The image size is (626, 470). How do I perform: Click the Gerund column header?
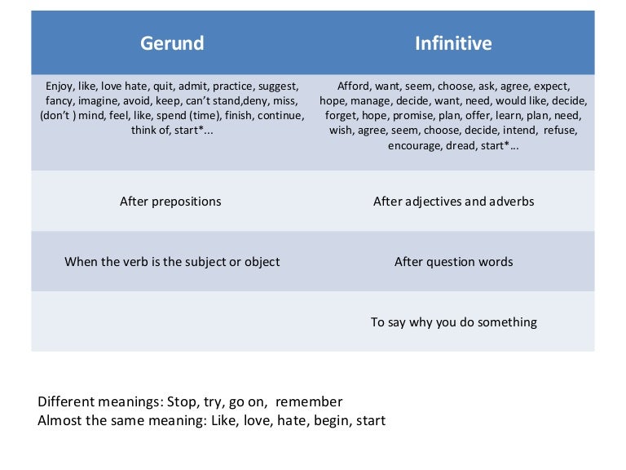click(x=172, y=42)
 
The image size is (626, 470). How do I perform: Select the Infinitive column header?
click(x=453, y=42)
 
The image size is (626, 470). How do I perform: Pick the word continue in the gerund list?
click(x=277, y=116)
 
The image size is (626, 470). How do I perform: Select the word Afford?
click(x=355, y=85)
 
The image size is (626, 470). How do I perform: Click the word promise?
click(x=442, y=116)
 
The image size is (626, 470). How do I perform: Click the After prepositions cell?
click(x=170, y=201)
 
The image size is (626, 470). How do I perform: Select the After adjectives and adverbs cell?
click(x=453, y=201)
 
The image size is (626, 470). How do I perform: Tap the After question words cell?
click(x=453, y=262)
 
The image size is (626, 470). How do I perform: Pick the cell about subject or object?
click(x=172, y=262)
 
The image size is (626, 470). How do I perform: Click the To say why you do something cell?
click(x=453, y=322)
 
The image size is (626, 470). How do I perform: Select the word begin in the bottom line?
click(x=320, y=421)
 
